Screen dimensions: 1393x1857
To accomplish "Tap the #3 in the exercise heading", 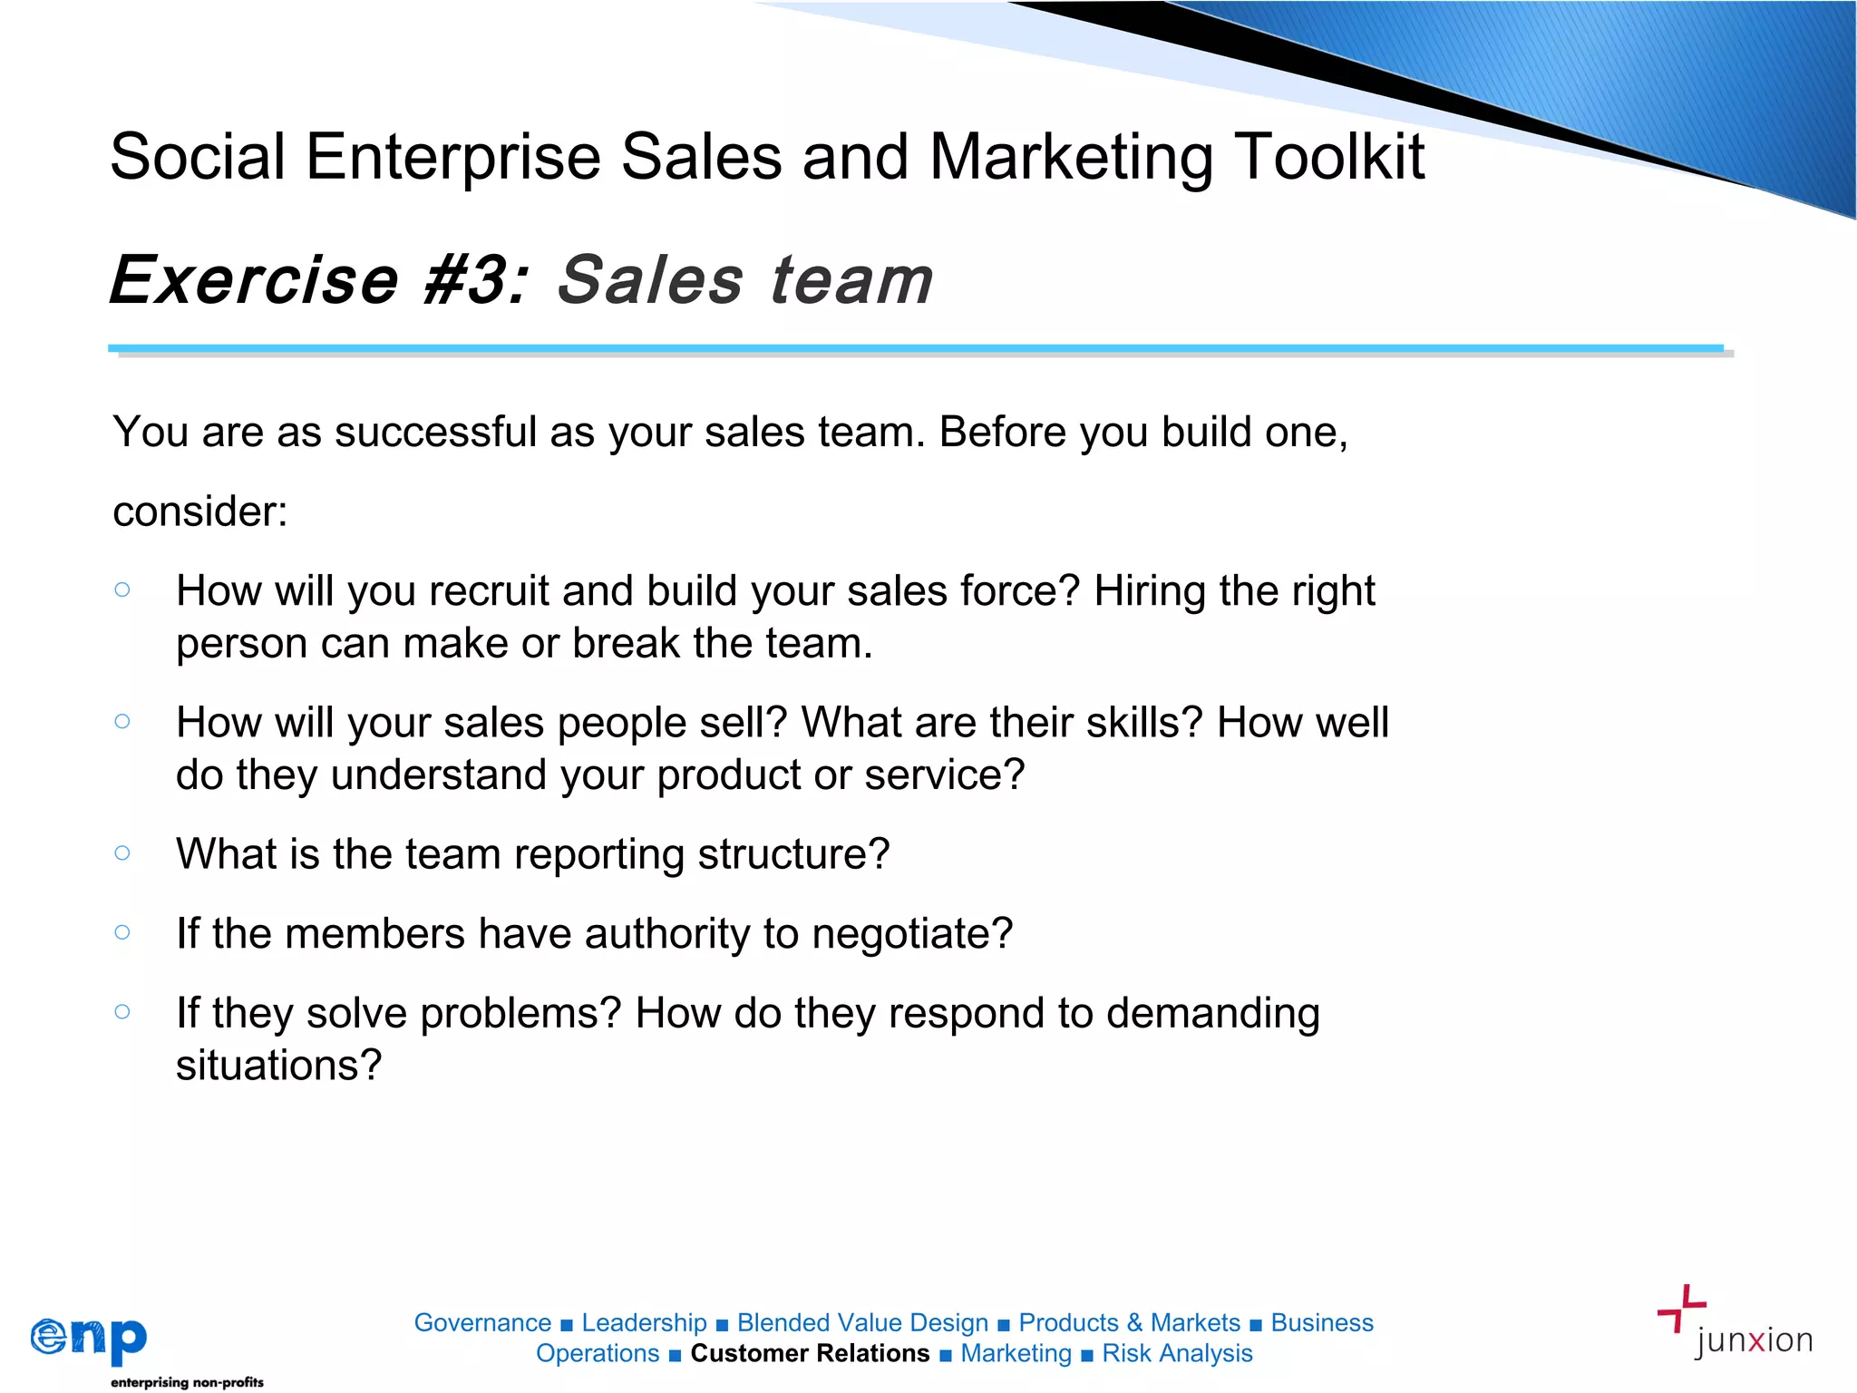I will pos(473,279).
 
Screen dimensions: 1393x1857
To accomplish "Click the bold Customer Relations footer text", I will pos(810,1353).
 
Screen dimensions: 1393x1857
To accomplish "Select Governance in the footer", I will pos(482,1322).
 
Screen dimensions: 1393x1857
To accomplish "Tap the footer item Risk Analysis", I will pos(1177,1353).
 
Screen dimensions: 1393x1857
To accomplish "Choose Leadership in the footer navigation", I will pos(644,1322).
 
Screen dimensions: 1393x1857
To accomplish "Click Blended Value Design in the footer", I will pos(862,1322).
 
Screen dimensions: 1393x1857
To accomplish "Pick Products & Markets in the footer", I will pos(1129,1322).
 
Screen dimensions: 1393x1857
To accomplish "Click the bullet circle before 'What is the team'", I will pos(122,852).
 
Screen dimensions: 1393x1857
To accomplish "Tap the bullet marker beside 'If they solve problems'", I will pos(122,1011).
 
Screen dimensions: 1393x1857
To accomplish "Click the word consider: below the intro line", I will pos(200,511).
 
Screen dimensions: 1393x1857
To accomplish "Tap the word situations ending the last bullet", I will pos(278,1065).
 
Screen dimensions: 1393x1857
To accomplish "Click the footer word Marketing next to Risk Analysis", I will pos(1016,1353).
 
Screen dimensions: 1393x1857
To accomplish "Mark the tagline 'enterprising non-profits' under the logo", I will pos(187,1382).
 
